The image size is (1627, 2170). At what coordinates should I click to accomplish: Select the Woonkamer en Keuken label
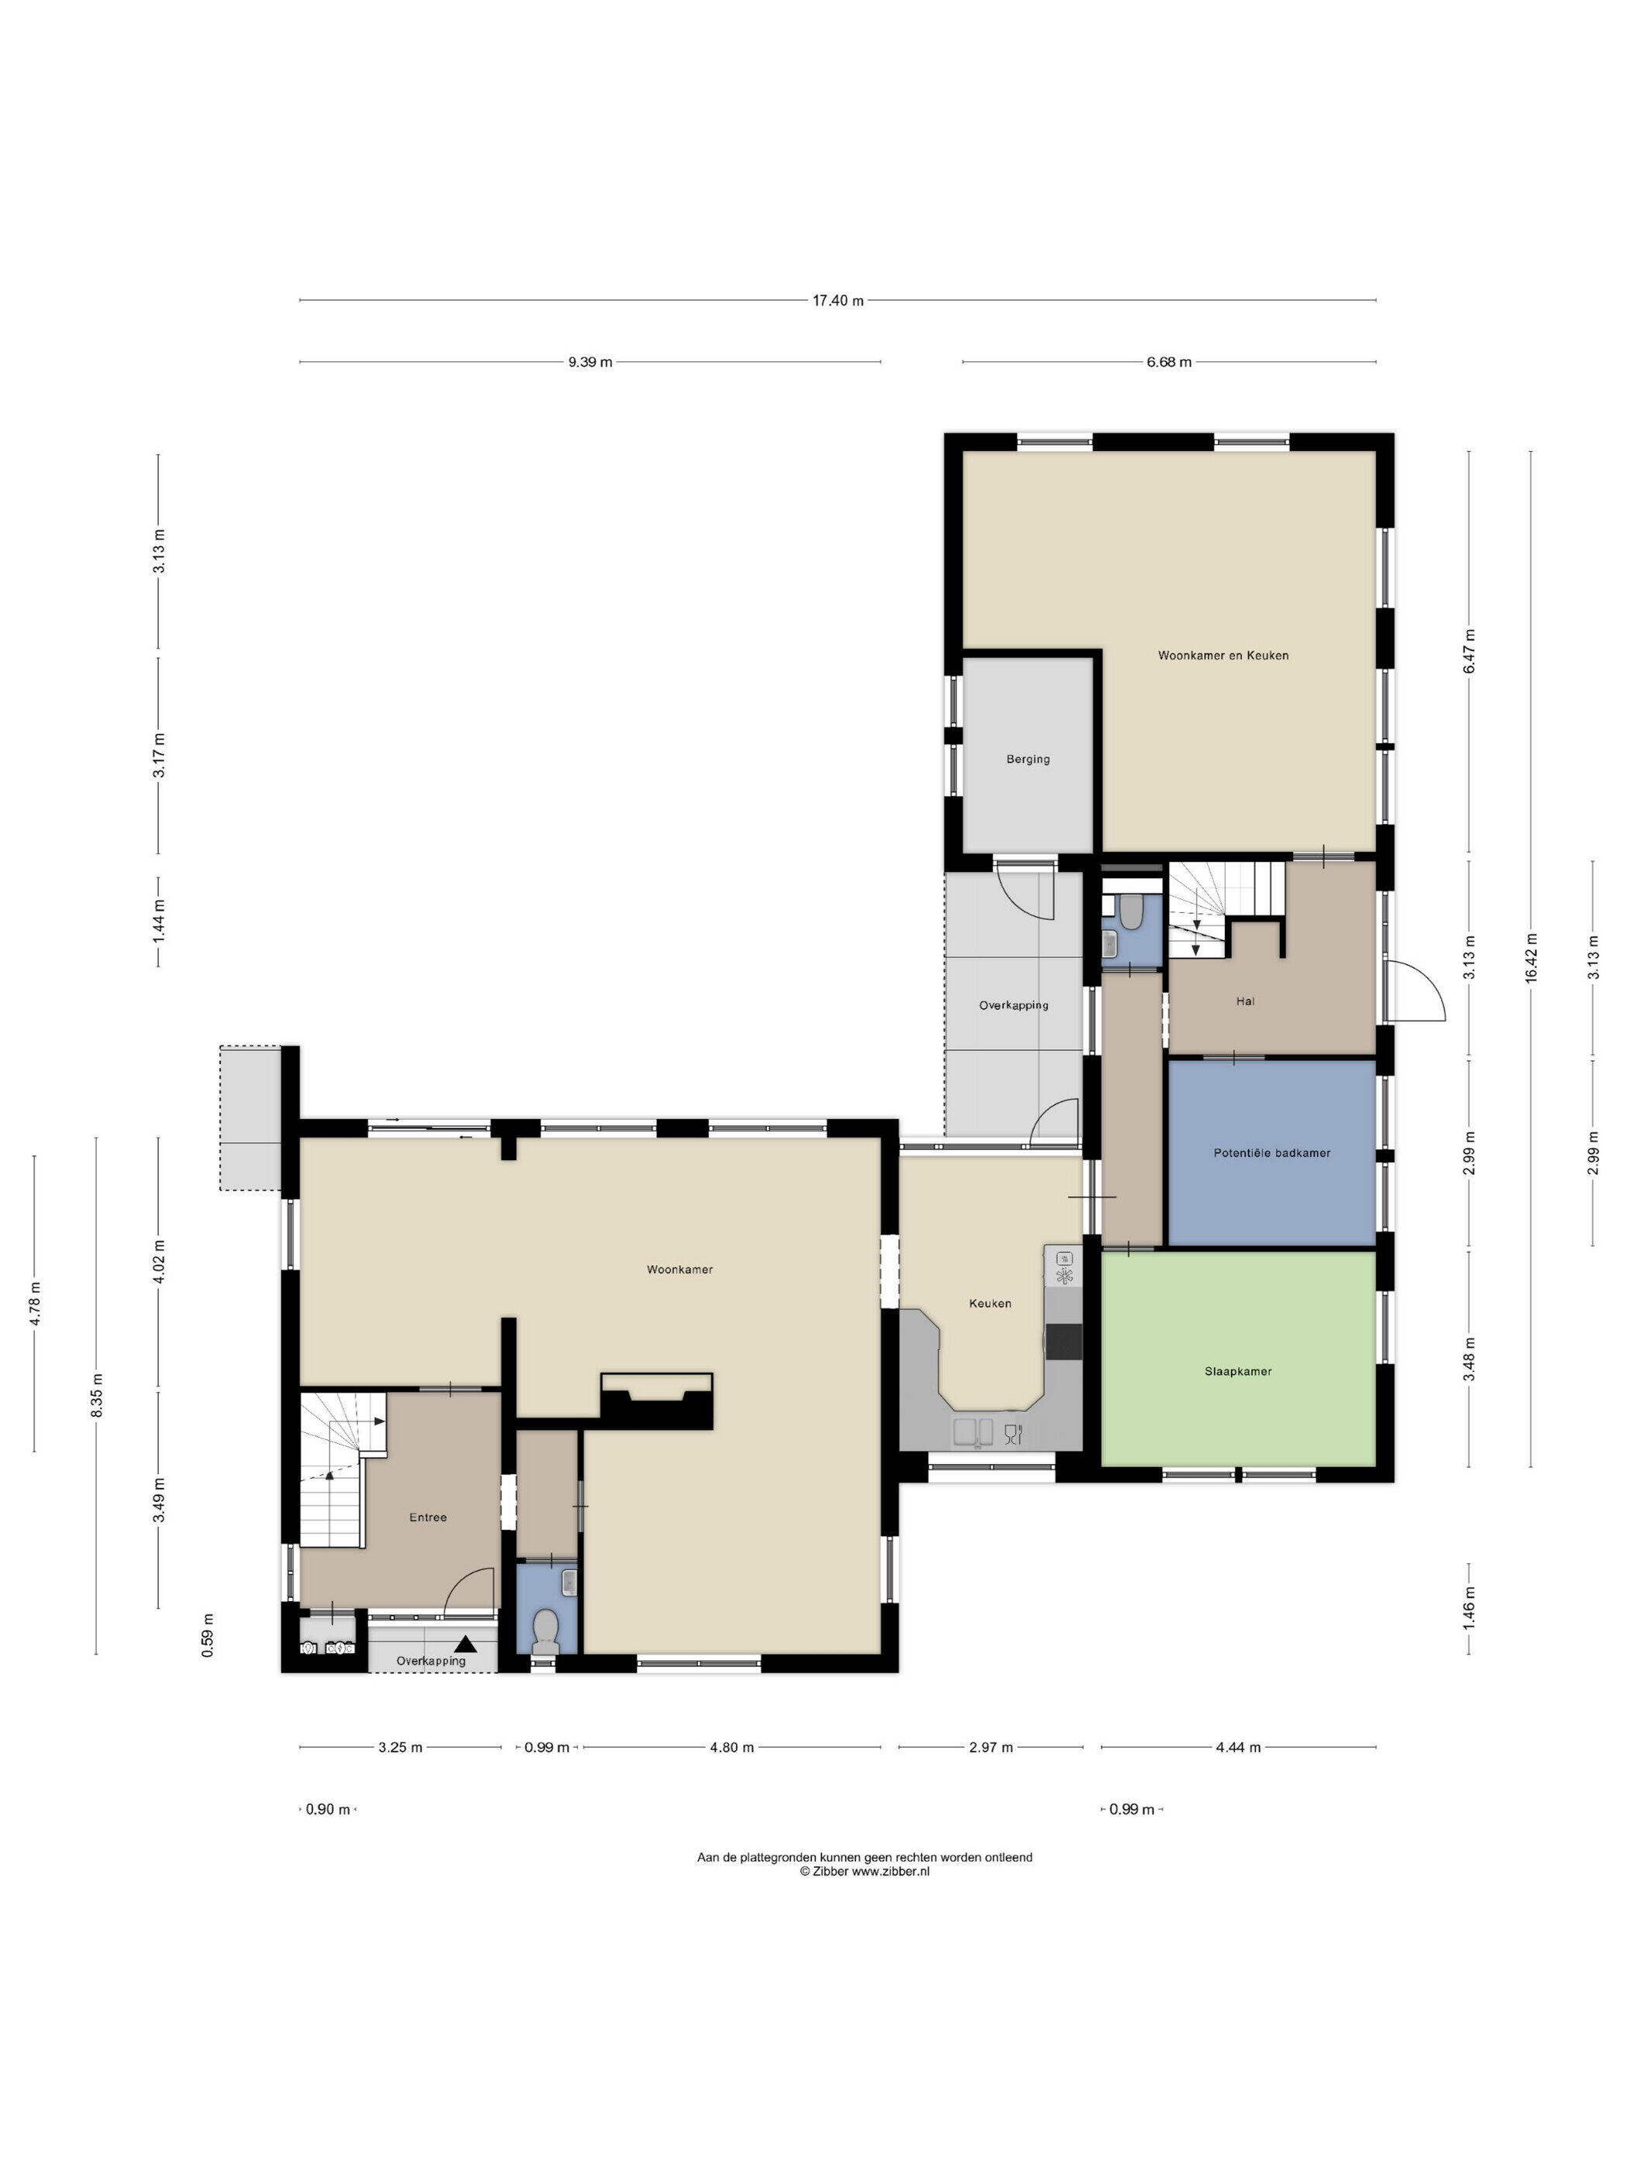[x=1223, y=656]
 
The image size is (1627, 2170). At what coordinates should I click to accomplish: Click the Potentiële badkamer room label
[x=1272, y=1152]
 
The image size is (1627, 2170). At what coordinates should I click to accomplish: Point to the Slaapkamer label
[x=1237, y=1372]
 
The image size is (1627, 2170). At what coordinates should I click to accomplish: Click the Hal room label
[x=1246, y=1001]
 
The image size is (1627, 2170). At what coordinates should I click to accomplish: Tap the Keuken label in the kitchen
[x=989, y=1304]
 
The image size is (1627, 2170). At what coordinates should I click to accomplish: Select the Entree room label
[x=428, y=1517]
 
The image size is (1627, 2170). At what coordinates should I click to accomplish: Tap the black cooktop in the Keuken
[x=1064, y=1341]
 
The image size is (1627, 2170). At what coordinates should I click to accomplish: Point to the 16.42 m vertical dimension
[x=1531, y=959]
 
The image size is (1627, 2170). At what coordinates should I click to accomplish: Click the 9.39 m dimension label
[x=590, y=362]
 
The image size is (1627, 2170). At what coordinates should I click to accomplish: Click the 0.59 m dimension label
[x=208, y=1635]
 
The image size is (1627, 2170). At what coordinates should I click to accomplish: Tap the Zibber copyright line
[x=864, y=1871]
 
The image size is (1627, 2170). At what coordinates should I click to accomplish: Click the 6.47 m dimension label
[x=1469, y=650]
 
